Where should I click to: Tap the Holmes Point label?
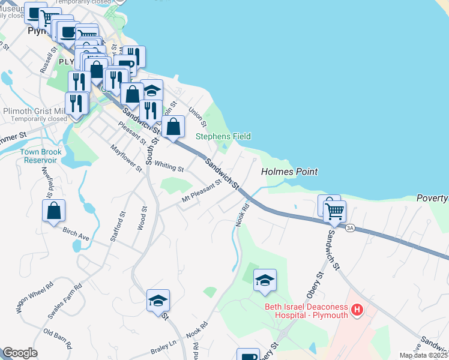coord(289,172)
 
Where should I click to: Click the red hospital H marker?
coord(357,310)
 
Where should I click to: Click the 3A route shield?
coord(351,227)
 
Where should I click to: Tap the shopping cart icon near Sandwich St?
coord(334,211)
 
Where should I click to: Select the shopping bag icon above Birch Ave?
coord(53,211)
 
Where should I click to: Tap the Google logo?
coord(20,353)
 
